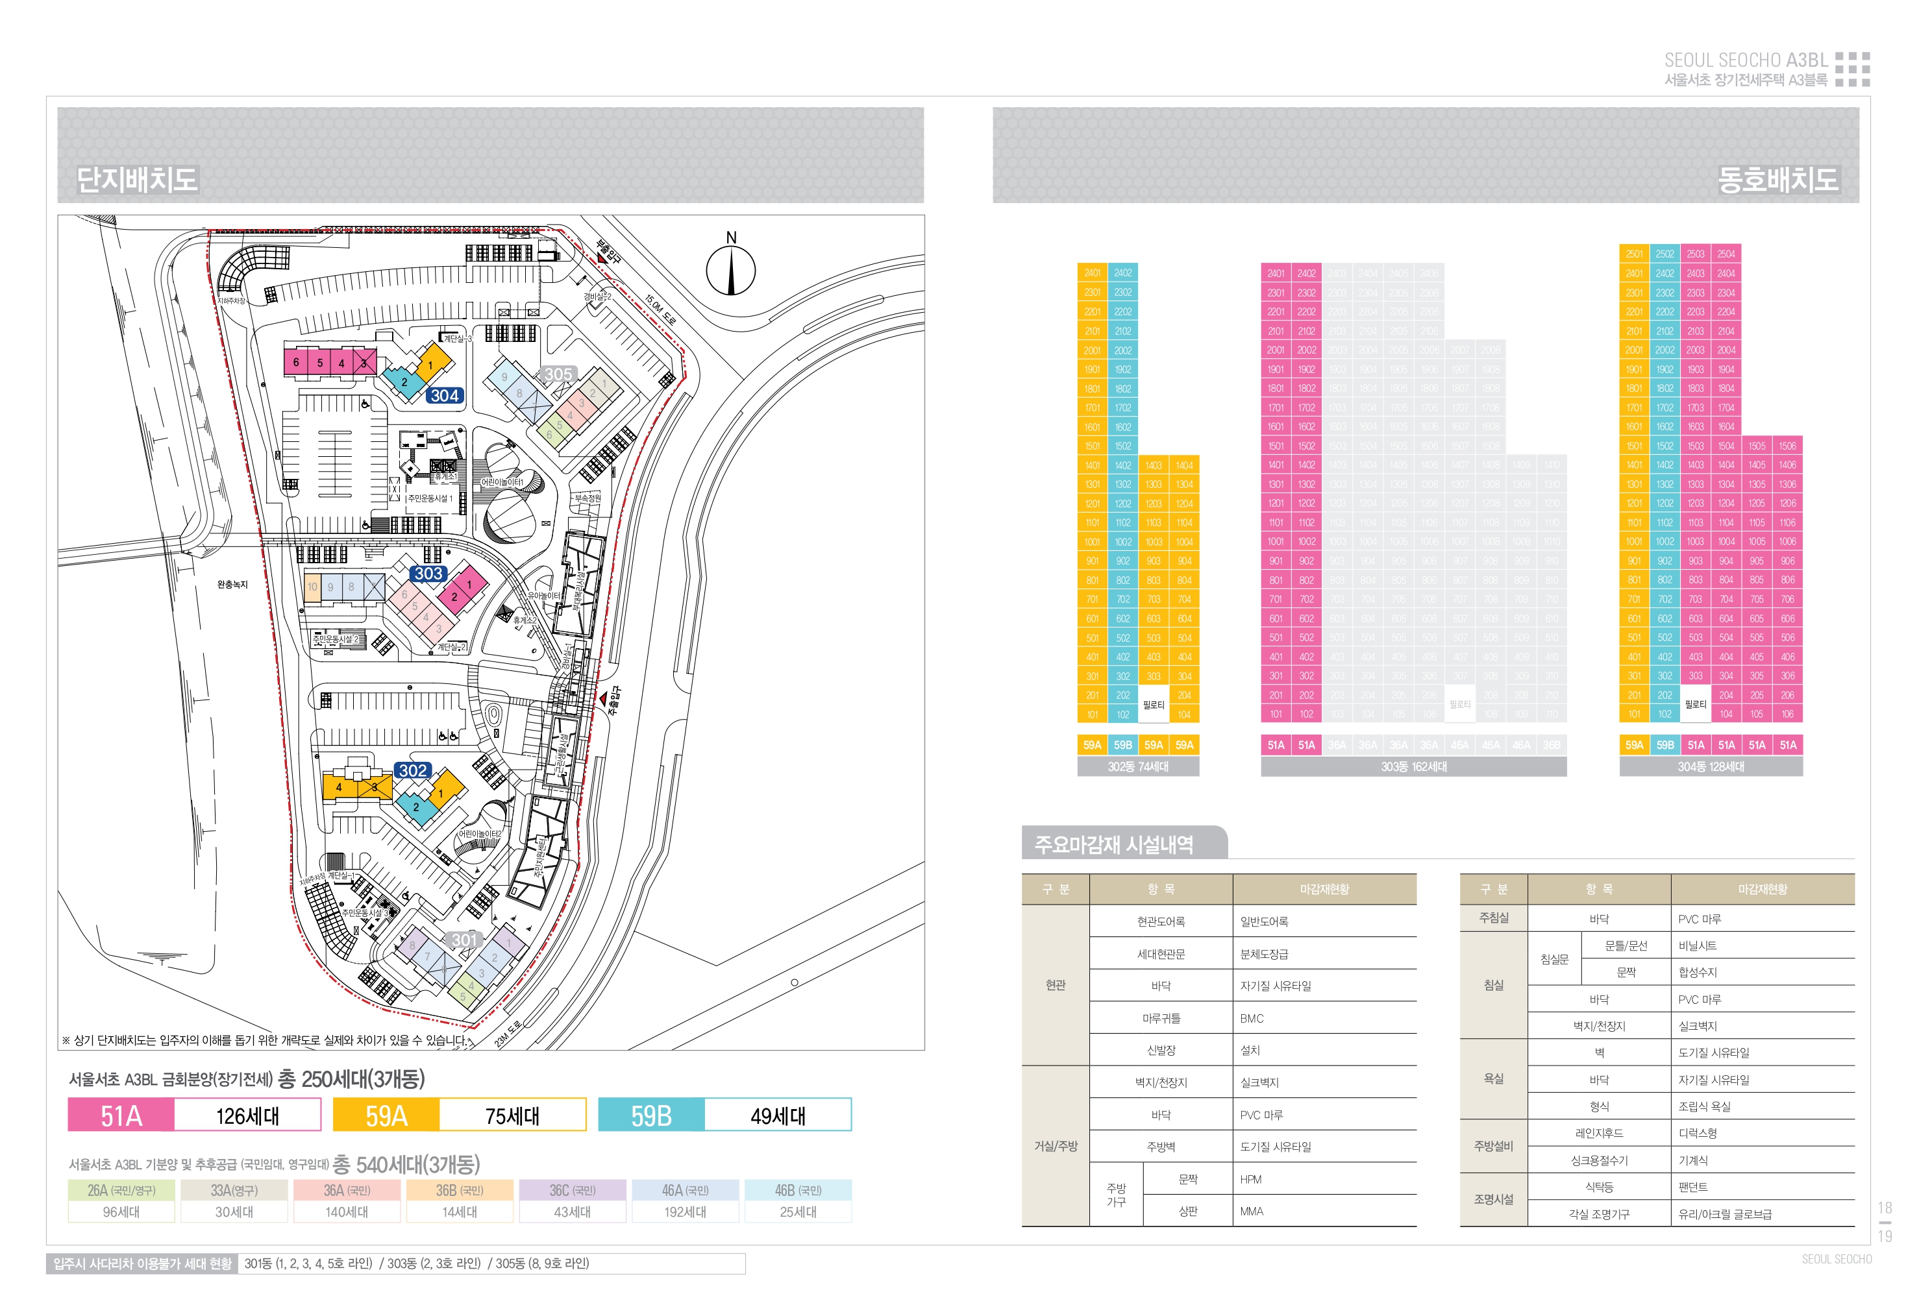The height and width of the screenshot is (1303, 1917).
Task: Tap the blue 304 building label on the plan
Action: (445, 396)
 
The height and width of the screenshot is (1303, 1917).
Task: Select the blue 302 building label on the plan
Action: (412, 770)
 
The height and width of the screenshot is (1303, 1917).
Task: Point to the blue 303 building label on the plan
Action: (428, 573)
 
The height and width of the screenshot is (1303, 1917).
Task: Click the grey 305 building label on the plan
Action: (558, 374)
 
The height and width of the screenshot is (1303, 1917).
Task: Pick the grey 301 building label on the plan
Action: (464, 940)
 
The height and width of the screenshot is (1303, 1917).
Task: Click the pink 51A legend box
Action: (121, 1116)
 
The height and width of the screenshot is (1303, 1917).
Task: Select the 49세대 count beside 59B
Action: (777, 1116)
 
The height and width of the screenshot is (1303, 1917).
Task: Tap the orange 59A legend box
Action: (386, 1116)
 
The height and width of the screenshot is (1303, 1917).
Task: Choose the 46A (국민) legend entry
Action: (685, 1190)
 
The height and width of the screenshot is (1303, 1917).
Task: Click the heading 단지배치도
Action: (137, 179)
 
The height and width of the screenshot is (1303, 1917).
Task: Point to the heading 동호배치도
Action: (1777, 179)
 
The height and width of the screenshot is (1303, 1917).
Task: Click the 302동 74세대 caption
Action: (1137, 767)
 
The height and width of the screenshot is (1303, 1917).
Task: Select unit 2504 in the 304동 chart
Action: (1725, 254)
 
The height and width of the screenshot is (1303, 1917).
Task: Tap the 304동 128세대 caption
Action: (1710, 767)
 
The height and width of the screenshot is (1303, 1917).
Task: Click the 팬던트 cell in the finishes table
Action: (1692, 1187)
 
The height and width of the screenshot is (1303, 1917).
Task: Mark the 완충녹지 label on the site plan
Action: (232, 585)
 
